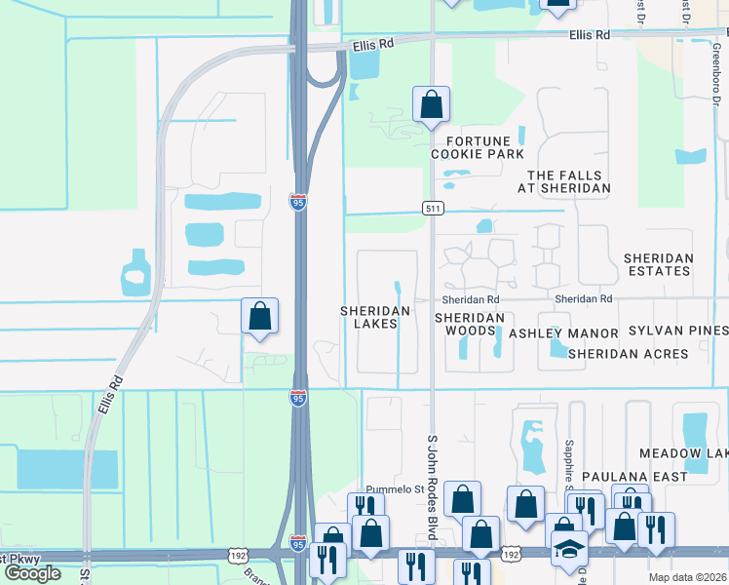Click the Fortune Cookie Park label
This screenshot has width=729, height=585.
(478, 146)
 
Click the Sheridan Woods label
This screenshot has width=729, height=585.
(470, 325)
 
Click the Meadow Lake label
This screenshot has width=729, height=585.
(683, 454)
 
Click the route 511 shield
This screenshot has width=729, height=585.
(434, 209)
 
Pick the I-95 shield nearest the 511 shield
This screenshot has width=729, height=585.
(298, 202)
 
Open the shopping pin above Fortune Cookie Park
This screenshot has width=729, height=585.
(431, 104)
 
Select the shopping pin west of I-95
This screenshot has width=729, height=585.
(259, 316)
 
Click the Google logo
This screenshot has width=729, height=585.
(32, 573)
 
